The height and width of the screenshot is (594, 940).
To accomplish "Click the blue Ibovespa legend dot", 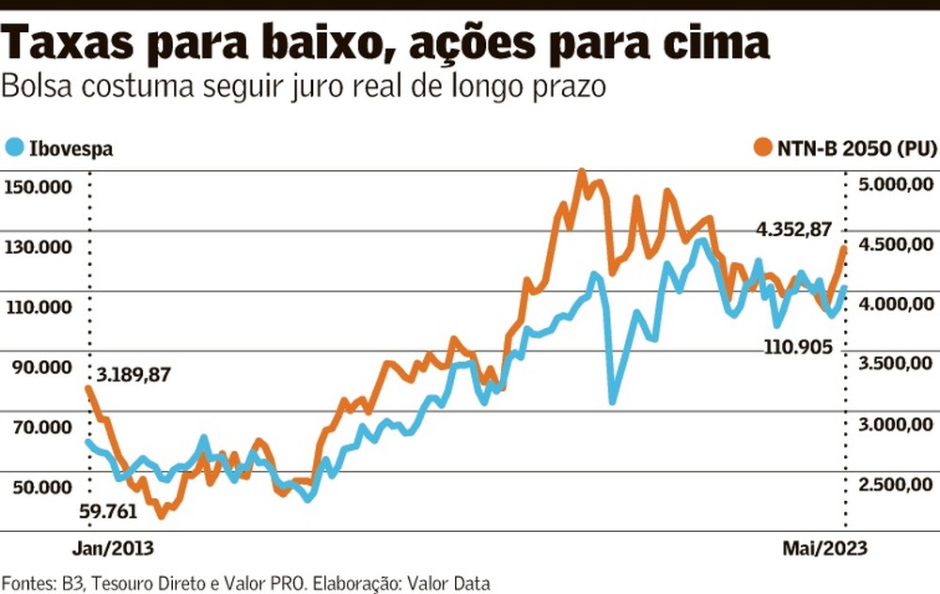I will click(x=14, y=148).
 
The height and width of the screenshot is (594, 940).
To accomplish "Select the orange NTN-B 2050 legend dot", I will click(x=761, y=148).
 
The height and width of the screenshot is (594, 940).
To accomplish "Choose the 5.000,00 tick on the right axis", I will click(x=896, y=184).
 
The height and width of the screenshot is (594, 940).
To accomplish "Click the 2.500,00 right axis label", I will click(x=896, y=484).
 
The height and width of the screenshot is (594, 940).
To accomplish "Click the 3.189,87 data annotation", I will click(x=132, y=374).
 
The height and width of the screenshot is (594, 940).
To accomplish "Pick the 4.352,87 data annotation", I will click(x=796, y=228).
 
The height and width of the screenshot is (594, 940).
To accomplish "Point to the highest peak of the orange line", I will click(x=581, y=172).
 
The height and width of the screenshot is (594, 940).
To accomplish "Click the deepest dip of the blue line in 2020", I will click(x=613, y=401).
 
